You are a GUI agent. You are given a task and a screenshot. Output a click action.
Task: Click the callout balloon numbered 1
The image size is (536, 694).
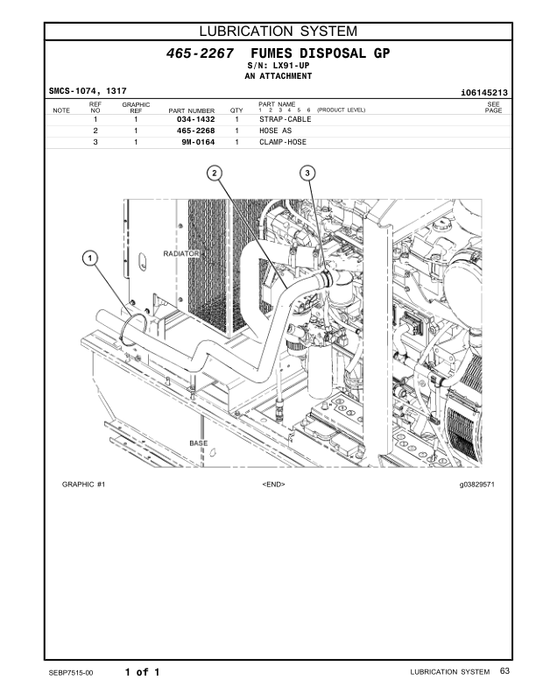89,258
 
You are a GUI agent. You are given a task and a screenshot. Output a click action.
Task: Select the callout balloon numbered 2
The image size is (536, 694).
215,173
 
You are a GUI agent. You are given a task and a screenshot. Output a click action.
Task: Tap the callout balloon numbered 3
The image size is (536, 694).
308,173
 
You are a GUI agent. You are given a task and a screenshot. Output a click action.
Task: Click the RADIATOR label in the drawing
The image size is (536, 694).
182,253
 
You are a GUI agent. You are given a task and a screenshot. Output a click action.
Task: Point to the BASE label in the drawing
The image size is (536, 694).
199,443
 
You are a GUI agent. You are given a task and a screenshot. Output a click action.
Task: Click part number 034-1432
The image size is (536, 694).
196,119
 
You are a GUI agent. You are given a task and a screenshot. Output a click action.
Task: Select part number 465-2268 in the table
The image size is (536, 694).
196,131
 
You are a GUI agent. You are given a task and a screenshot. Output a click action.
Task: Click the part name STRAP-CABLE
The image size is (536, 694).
286,119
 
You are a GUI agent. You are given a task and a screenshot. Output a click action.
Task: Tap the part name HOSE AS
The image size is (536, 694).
276,131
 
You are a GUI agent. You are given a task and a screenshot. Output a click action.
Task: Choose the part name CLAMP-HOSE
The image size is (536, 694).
284,141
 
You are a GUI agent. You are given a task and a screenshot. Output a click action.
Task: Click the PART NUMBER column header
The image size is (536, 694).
192,110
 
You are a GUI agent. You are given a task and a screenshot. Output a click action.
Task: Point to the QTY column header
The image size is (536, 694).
236,110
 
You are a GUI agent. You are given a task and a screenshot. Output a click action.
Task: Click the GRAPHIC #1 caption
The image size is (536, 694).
84,484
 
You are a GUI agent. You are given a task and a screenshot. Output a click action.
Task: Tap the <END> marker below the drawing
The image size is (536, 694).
273,484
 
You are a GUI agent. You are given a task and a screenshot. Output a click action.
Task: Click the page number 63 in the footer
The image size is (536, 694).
504,671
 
